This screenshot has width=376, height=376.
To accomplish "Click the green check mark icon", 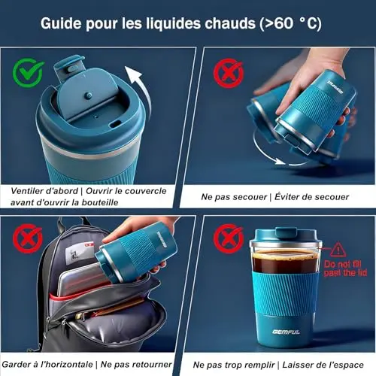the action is coord(28,72).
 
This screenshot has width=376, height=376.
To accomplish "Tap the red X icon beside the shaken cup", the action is coord(229,73).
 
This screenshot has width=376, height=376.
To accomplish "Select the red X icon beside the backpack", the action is coord(28,238).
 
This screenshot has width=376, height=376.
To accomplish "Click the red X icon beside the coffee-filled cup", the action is coord(229,238).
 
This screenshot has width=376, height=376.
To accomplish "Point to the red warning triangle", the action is coord(338,250).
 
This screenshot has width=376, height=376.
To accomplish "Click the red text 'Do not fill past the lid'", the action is coord(345,268).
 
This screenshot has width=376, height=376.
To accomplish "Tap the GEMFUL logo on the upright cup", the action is coord(286,332).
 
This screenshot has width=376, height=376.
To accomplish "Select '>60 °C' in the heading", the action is coord(291,23).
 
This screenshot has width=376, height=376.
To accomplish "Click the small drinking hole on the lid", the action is coord(116,123).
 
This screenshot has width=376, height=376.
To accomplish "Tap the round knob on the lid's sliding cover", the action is coord(88,96).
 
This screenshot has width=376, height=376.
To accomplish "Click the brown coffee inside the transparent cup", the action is coord(285,262).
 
